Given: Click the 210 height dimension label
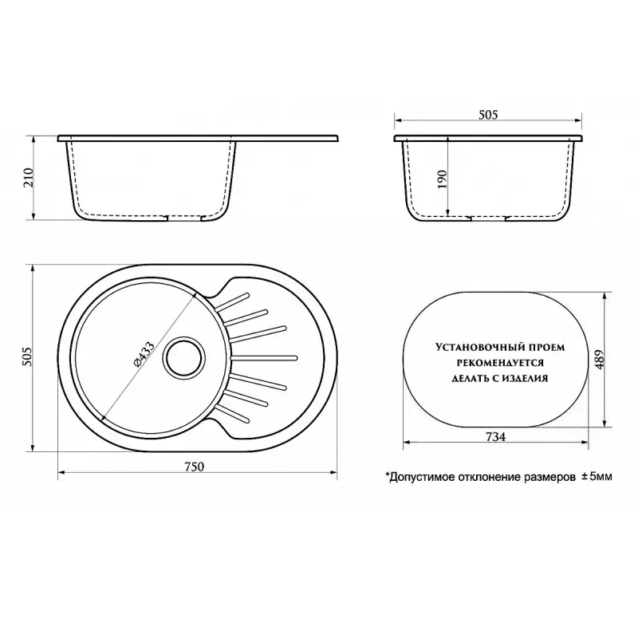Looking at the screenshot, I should [x=28, y=179].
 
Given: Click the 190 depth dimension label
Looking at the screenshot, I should [x=442, y=179].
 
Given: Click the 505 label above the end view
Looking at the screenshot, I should [x=488, y=115].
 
